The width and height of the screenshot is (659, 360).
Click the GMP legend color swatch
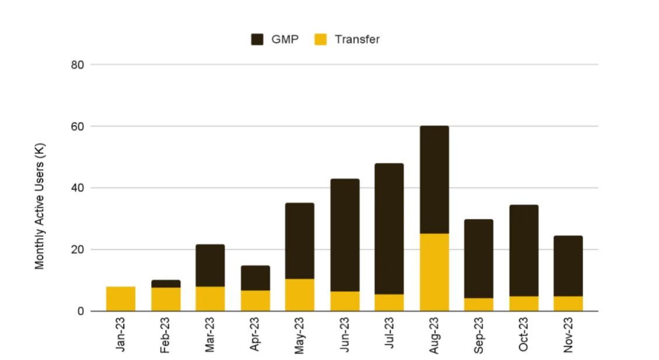click(x=257, y=40)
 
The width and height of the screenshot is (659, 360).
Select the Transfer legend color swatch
click(x=320, y=40)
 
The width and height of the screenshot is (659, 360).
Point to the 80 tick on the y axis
click(x=78, y=65)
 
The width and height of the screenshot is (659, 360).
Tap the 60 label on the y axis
click(x=78, y=127)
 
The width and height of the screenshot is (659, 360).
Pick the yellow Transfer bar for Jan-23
click(x=121, y=299)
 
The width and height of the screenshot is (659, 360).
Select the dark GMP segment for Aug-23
click(x=434, y=180)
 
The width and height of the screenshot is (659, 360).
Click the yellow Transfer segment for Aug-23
click(x=434, y=272)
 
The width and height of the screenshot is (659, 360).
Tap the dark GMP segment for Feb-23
click(x=166, y=284)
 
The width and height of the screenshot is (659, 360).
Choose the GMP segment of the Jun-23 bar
click(x=344, y=235)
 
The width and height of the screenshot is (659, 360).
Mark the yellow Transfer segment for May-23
click(x=299, y=295)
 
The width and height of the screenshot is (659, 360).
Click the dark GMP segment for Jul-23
click(x=389, y=229)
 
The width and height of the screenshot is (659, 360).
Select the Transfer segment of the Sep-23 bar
click(x=479, y=305)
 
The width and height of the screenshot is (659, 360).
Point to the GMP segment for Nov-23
click(x=568, y=266)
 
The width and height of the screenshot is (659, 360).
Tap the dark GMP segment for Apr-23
click(x=255, y=278)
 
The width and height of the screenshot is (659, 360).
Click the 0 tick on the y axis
click(x=81, y=312)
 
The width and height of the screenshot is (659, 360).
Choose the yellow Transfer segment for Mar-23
click(x=210, y=299)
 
